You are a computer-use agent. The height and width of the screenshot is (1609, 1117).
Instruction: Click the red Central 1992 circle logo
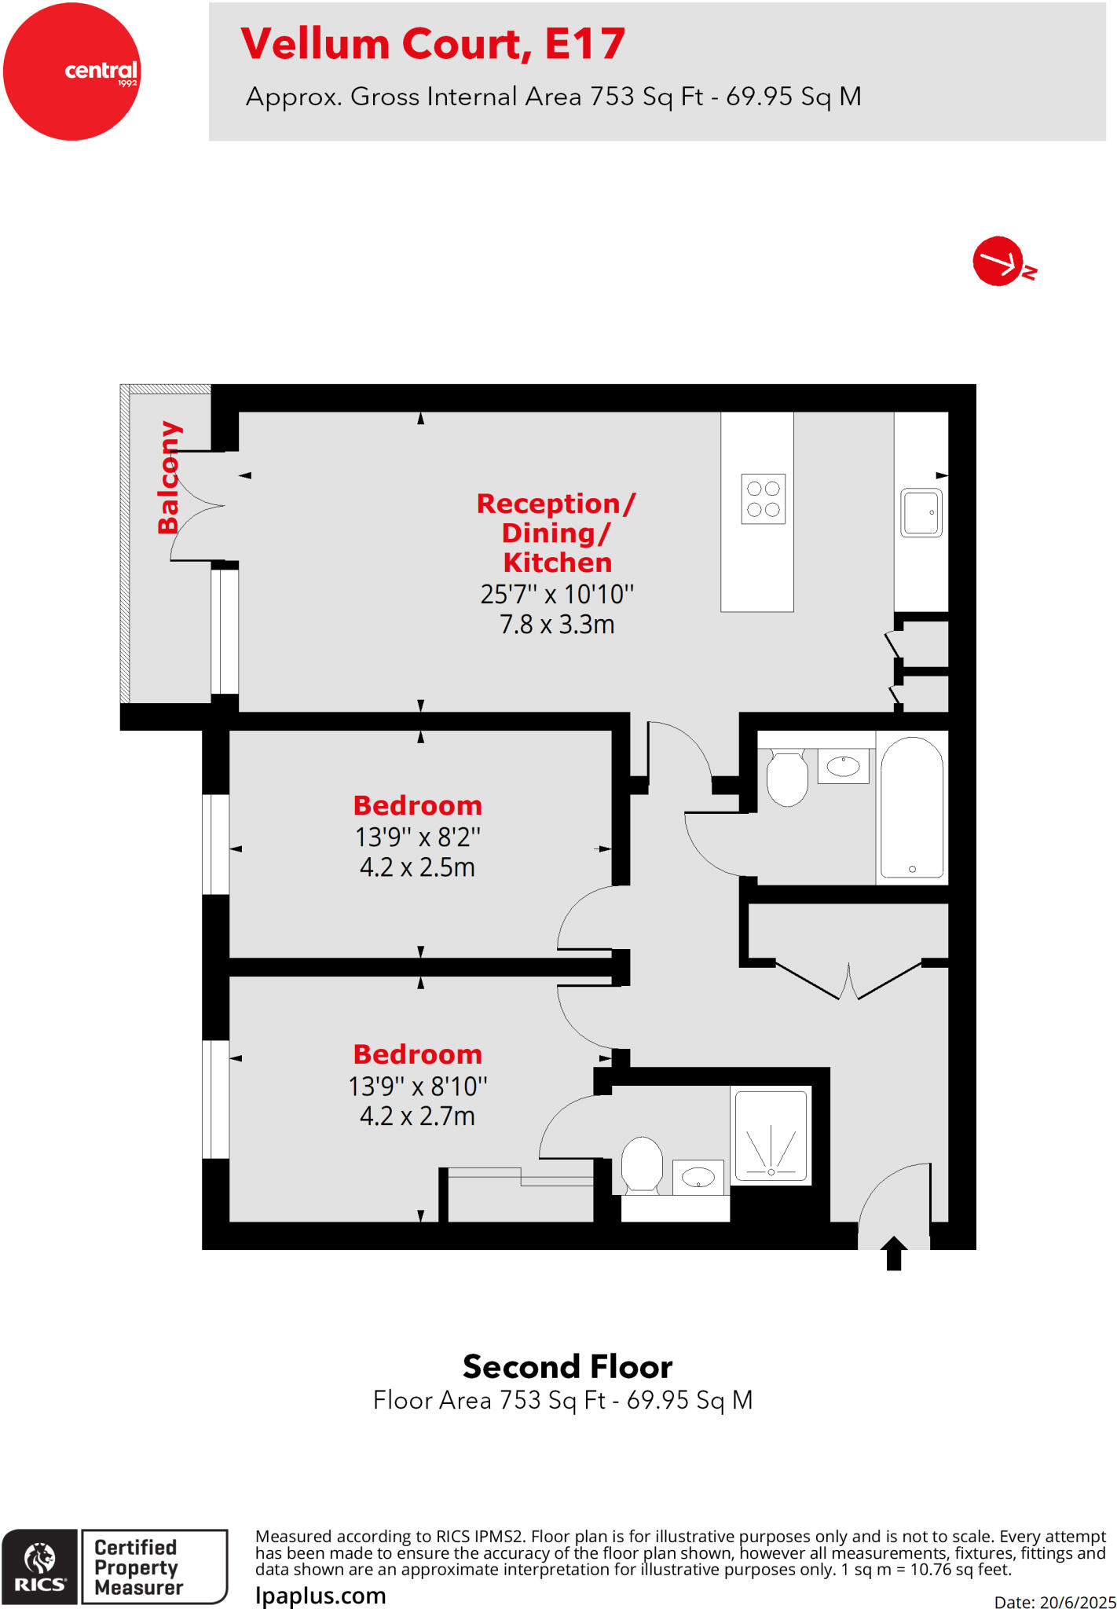pos(71,71)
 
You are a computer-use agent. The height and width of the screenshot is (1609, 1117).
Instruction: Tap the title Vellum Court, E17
pos(433,44)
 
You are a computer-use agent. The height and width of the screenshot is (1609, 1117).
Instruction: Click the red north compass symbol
pos(999,261)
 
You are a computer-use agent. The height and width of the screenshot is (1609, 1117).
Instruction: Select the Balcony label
pos(169,477)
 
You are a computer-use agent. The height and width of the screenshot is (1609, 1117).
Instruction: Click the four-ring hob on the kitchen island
pos(763,499)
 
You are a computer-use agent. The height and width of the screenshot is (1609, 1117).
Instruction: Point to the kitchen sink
pos(921,512)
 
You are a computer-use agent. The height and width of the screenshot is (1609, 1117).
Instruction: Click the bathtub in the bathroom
pos(911,808)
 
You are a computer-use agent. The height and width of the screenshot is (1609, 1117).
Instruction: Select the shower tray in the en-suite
pos(771,1135)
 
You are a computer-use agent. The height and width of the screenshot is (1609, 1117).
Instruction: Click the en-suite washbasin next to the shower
pos(698,1177)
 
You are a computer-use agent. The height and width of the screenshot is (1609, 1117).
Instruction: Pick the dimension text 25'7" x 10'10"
pos(557,594)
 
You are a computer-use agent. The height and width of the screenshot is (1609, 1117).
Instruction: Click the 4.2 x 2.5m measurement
pos(417,867)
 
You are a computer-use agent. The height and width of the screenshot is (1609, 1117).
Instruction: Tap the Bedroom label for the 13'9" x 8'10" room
pos(417,1054)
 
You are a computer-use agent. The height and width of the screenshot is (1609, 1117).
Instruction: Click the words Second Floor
pos(567,1367)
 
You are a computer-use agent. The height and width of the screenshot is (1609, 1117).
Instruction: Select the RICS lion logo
pos(39,1567)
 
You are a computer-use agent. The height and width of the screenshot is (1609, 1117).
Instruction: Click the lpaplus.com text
pos(320,1596)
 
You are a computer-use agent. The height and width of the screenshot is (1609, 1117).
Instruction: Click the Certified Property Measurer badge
pos(153,1567)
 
